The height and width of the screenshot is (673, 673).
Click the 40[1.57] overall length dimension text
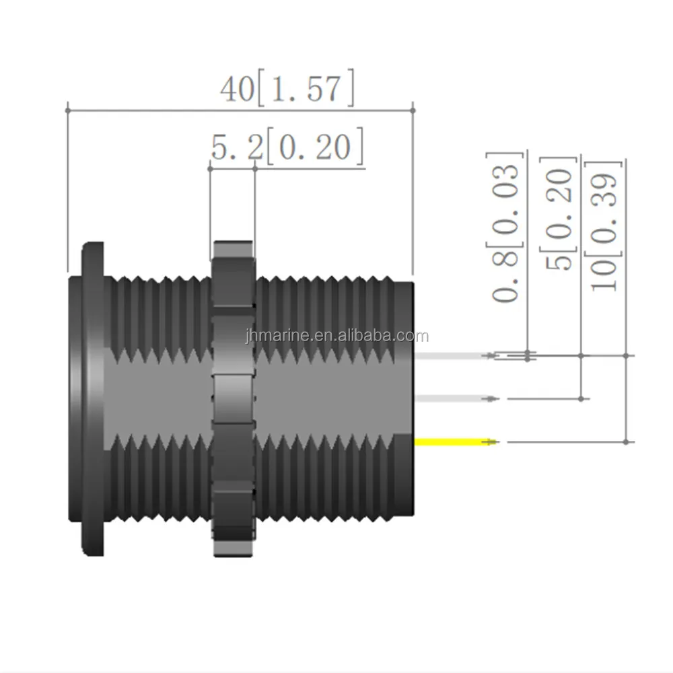click(287, 88)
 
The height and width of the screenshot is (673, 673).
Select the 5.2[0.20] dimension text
click(287, 146)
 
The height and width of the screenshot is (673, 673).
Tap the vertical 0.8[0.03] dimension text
click(505, 227)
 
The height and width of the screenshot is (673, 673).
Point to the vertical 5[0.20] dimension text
click(559, 214)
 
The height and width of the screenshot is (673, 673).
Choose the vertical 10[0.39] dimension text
click(604, 226)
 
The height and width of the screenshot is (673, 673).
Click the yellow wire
click(455, 441)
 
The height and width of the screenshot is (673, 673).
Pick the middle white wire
click(455, 398)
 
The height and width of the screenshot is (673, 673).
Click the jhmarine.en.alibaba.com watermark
click(337, 335)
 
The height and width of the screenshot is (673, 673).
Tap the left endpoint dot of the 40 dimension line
click(68, 110)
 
